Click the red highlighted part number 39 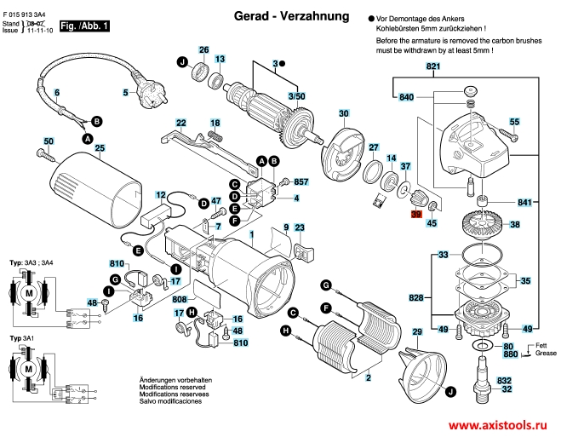tap(416, 216)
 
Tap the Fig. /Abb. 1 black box tap(85, 27)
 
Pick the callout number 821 tap(433, 66)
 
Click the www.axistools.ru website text tap(501, 424)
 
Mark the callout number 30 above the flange tap(343, 113)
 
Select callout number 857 tap(300, 182)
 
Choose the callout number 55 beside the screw tap(514, 123)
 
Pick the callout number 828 tap(416, 297)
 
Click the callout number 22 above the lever tap(181, 123)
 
